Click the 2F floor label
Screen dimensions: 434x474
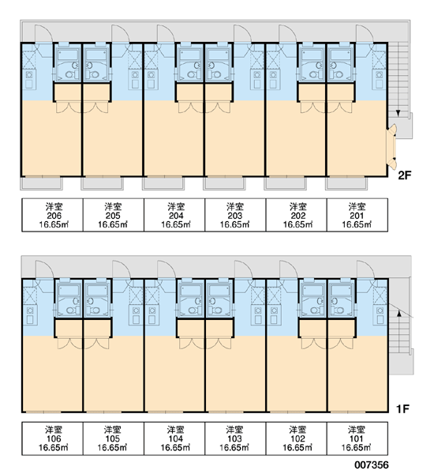[405, 175]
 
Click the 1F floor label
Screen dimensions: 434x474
[402, 408]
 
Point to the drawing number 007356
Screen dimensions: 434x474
[372, 465]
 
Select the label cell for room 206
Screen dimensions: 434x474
[52, 215]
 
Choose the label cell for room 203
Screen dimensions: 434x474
[235, 215]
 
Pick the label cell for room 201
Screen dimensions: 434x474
[357, 215]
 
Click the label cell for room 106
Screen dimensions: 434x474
[52, 438]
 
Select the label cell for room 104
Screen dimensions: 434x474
[174, 438]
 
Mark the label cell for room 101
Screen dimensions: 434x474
[357, 438]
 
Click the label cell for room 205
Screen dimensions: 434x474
[114, 215]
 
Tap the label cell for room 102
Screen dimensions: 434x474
[296, 438]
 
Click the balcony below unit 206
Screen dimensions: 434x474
[41, 183]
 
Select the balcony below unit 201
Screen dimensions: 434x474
[346, 183]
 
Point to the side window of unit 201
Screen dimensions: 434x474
[391, 146]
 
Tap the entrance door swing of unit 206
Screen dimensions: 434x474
[43, 33]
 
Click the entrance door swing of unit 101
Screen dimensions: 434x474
[366, 269]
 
